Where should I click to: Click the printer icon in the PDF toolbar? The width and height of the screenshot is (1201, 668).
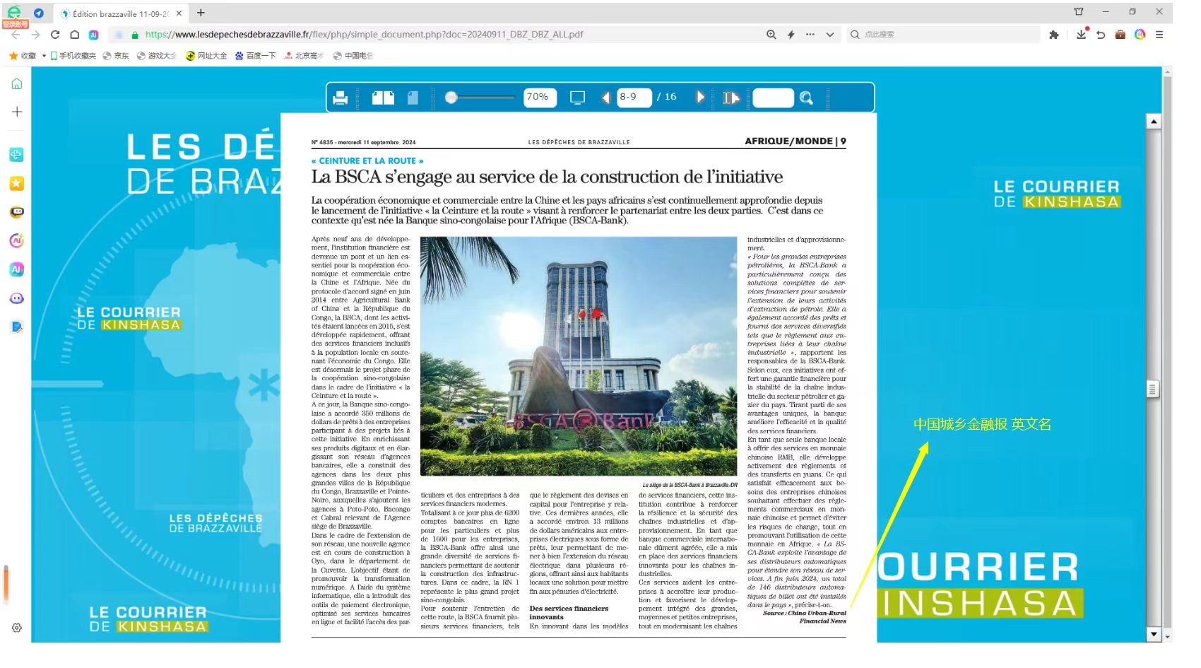340,98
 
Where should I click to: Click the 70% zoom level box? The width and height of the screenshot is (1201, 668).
539,98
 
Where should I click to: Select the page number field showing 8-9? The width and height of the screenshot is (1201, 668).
633,98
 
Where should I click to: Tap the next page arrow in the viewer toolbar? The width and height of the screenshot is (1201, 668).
699,98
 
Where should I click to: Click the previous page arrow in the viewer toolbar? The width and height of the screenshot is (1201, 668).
605,98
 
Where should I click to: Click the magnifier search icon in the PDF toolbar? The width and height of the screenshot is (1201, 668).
806,98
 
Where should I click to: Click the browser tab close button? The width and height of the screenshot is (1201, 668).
179,13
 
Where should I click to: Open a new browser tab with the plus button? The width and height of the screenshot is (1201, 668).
201,13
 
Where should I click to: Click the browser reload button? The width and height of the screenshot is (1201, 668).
55,34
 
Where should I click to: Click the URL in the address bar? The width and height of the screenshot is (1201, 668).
364,34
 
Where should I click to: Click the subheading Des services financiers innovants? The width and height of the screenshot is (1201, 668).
569,612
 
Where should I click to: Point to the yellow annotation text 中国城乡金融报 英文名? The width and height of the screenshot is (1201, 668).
982,424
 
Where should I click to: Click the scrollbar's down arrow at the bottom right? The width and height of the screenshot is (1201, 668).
1154,635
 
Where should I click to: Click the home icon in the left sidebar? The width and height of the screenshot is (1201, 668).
17,84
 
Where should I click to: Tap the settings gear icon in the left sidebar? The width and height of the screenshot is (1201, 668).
17,628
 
